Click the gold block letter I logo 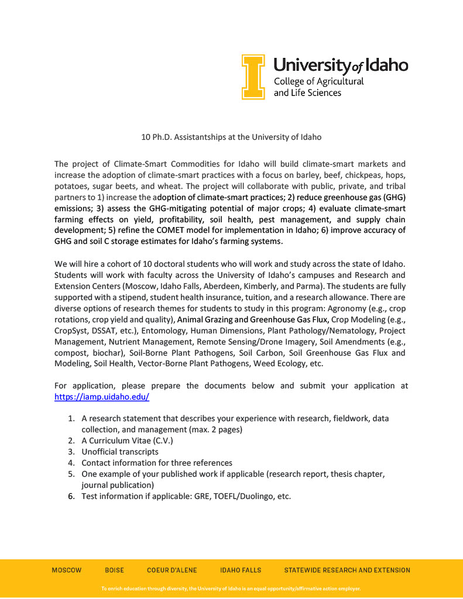point(253,77)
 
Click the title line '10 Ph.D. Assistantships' point(231,137)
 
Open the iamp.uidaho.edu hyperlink point(102,396)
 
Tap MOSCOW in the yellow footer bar point(67,570)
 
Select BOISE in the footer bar point(114,570)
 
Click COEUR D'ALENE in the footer point(172,570)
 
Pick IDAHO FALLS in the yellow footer point(241,570)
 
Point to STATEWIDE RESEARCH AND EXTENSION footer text point(347,570)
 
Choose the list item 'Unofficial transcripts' point(120,452)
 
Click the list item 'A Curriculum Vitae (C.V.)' point(127,440)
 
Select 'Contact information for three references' point(157,463)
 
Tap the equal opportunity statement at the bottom point(231,588)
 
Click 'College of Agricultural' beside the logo point(318,81)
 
